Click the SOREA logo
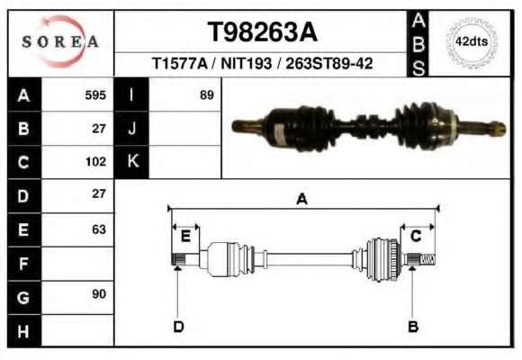click(x=60, y=41)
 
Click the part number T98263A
click(x=262, y=32)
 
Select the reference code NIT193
click(x=246, y=63)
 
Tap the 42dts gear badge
click(x=472, y=42)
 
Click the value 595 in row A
click(x=95, y=95)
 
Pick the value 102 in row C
click(x=95, y=162)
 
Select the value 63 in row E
click(x=99, y=229)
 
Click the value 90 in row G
click(x=99, y=294)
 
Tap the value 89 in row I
click(x=206, y=95)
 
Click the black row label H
click(x=24, y=331)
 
